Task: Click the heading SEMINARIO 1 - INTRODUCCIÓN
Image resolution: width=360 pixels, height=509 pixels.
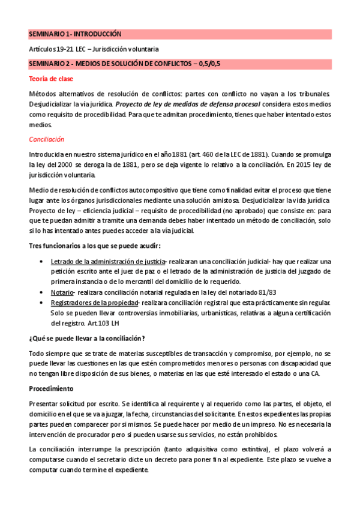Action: (x=75, y=34)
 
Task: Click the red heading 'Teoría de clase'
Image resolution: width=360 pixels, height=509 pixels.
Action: (x=51, y=79)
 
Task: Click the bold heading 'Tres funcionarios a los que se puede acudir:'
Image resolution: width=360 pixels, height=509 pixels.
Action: (x=95, y=246)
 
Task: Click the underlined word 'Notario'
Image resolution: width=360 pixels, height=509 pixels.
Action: (x=61, y=292)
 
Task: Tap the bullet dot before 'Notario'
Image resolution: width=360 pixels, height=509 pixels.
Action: (x=40, y=292)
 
